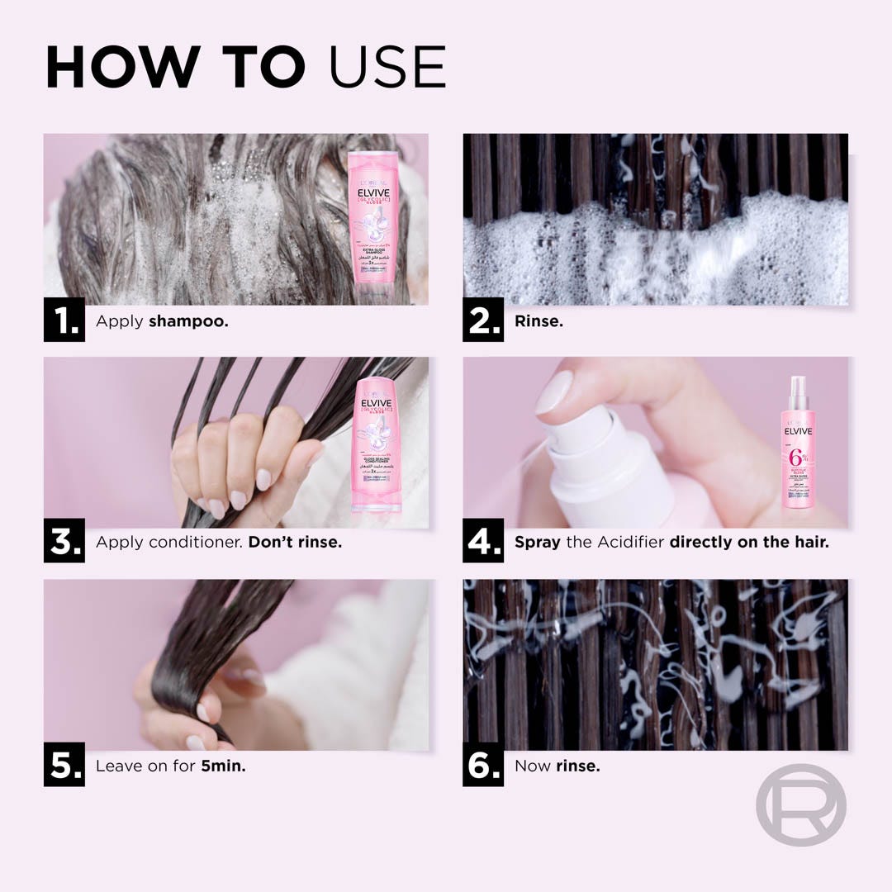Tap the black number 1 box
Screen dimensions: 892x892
[64, 320]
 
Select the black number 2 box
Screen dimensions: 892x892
[483, 320]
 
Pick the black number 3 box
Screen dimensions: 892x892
[64, 543]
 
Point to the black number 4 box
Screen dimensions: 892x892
[483, 543]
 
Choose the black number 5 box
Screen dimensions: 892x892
[64, 766]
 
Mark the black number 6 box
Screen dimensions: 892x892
[483, 766]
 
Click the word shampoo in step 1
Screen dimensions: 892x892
[188, 321]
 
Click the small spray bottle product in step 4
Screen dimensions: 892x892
[798, 446]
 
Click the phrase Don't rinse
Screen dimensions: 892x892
[295, 543]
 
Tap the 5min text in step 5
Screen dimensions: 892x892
[223, 766]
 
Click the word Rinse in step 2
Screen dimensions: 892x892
[539, 321]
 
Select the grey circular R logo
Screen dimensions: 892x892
[800, 804]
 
